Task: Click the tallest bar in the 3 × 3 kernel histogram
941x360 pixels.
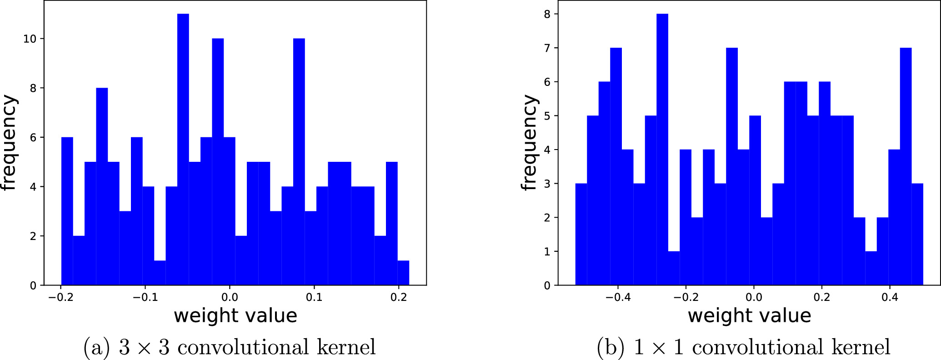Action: coord(183,150)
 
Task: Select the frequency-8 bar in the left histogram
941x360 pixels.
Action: coord(102,186)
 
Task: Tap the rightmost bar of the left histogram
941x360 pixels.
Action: coord(403,273)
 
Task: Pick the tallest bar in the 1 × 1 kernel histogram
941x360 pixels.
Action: coord(662,150)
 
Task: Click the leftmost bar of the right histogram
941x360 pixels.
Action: coord(581,234)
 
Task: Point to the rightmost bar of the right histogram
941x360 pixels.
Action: coord(917,234)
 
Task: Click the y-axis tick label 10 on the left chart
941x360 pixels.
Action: coord(30,39)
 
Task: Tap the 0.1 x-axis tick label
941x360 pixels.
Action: coord(314,298)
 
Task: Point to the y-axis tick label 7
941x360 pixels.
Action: coord(547,48)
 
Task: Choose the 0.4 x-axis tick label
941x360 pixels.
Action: coord(890,298)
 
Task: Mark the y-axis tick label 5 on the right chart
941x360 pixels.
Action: coord(547,116)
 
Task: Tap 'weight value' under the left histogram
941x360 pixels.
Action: coord(235,316)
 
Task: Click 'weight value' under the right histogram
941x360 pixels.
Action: coord(749,316)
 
